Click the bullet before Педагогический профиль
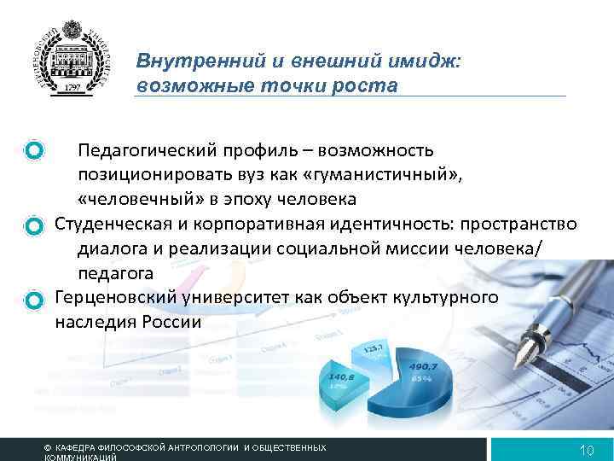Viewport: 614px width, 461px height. coord(34,151)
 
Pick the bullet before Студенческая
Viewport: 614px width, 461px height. coord(34,225)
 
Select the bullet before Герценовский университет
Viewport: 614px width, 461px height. coord(34,300)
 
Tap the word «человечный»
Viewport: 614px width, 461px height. coord(129,200)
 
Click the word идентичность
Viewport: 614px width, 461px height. coord(390,225)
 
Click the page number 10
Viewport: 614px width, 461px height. coord(586,450)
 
